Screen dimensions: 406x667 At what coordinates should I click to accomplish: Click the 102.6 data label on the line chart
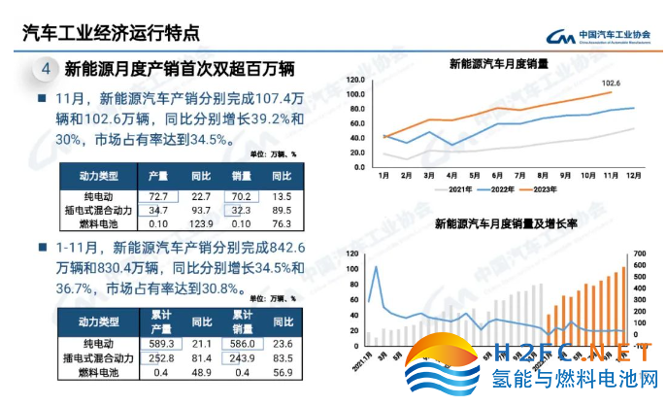pyautogui.click(x=611, y=85)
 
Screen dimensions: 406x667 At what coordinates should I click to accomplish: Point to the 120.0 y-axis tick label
pyautogui.click(x=356, y=80)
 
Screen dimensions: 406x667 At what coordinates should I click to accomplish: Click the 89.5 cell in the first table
pyautogui.click(x=282, y=211)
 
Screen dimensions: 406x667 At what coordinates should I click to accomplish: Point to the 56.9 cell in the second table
pyautogui.click(x=282, y=374)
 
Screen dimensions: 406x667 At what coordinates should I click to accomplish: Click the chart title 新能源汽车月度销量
pyautogui.click(x=498, y=64)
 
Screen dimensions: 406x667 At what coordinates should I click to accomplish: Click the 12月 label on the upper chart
pyautogui.click(x=633, y=175)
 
